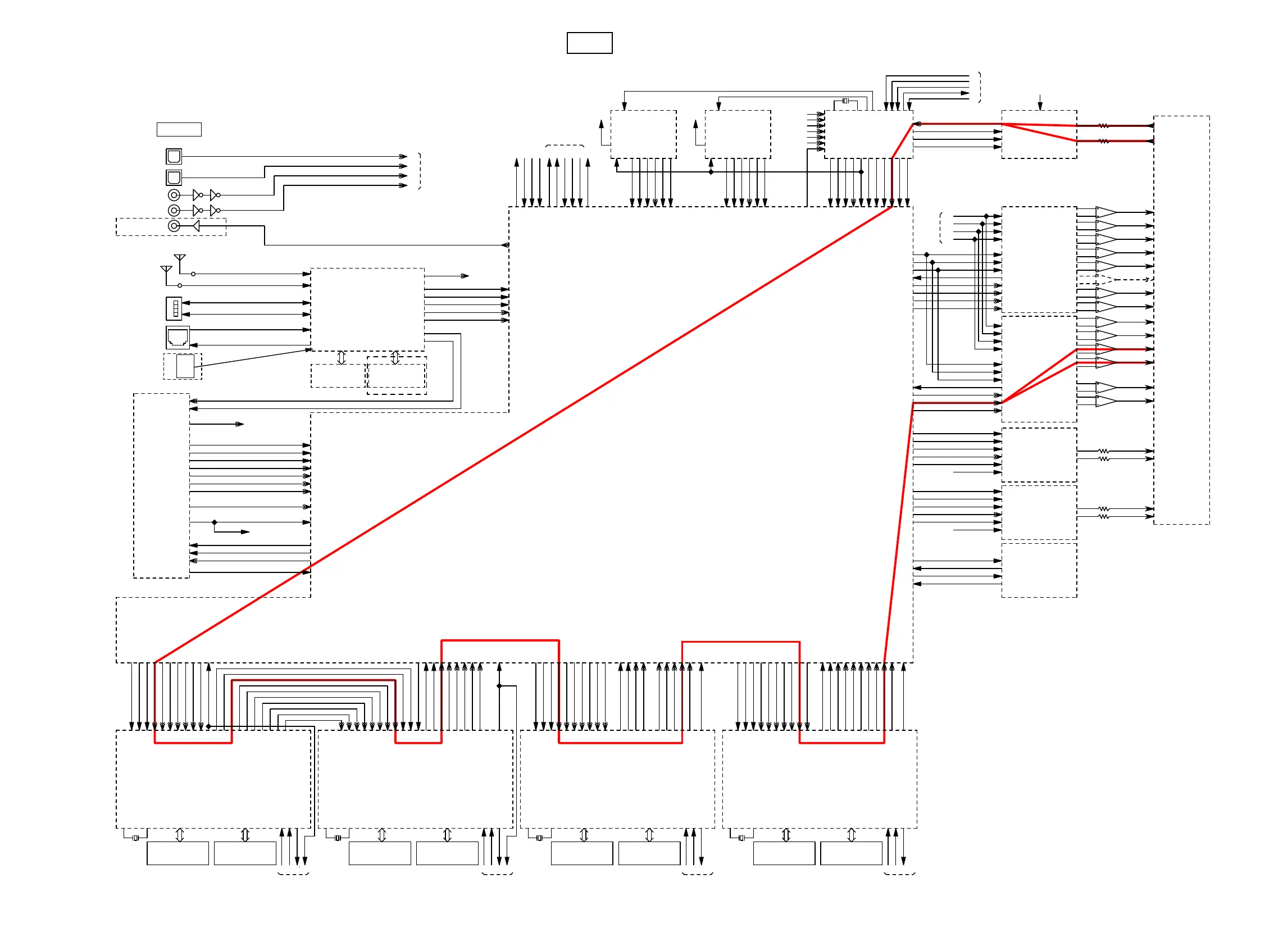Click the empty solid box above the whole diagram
pyautogui.click(x=589, y=43)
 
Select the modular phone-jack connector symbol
pyautogui.click(x=178, y=337)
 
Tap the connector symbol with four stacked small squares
pyautogui.click(x=174, y=308)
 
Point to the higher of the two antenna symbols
pyautogui.click(x=180, y=260)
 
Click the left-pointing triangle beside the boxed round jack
pyautogui.click(x=197, y=226)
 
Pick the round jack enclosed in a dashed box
pyautogui.click(x=174, y=226)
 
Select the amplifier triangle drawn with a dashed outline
pyautogui.click(x=1105, y=279)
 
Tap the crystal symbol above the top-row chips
pyautogui.click(x=845, y=101)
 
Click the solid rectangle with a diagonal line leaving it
pyautogui.click(x=185, y=366)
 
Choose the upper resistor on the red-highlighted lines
pyautogui.click(x=1103, y=126)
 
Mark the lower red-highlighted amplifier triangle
pyautogui.click(x=1105, y=362)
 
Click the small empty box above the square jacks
pyautogui.click(x=179, y=129)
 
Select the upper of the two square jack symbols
pyautogui.click(x=174, y=156)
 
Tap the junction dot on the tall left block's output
pyautogui.click(x=215, y=522)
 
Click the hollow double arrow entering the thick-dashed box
pyautogui.click(x=395, y=358)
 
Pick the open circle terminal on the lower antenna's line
pyautogui.click(x=180, y=285)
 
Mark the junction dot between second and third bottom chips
pyautogui.click(x=499, y=686)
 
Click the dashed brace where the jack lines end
pyautogui.click(x=420, y=171)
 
